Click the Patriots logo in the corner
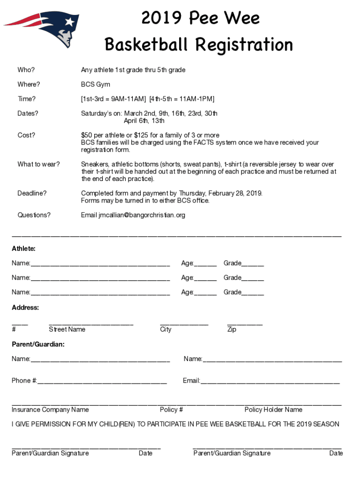[x=44, y=28]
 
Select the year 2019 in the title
[x=162, y=19]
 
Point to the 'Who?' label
[x=26, y=70]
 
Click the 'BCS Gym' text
[x=95, y=85]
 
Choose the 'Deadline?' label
[x=32, y=193]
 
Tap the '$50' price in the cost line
[x=87, y=135]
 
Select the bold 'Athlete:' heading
[x=23, y=248]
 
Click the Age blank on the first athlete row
[x=205, y=265]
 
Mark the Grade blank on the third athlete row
[x=253, y=294]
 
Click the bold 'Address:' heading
[x=25, y=307]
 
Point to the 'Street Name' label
[x=67, y=329]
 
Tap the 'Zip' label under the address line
[x=231, y=329]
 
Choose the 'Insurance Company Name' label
[x=50, y=410]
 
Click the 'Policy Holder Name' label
[x=273, y=410]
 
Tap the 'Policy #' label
[x=171, y=410]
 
